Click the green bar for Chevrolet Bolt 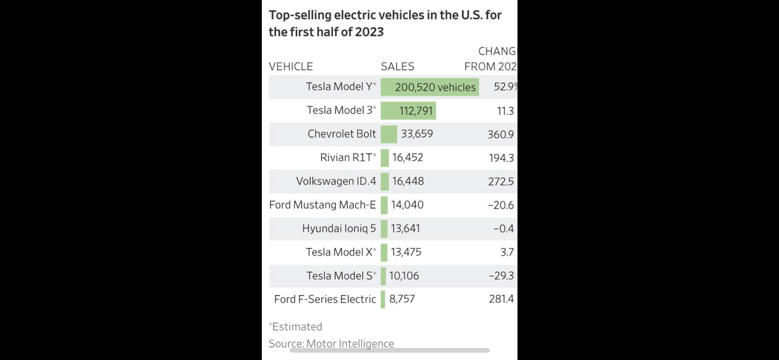389,134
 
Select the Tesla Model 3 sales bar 408,110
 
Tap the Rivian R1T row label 348,158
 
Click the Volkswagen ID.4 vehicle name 336,181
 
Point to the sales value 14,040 407,205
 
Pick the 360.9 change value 501,134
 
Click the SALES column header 397,66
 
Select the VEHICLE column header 291,66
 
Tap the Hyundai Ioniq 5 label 339,229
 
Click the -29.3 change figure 501,276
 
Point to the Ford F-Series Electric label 325,299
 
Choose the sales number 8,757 402,299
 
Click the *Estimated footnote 295,326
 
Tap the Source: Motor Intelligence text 331,343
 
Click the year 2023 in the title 369,32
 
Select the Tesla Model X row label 341,252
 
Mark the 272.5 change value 501,182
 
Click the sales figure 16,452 408,158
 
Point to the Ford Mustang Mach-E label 322,205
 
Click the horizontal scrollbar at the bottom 389,350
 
